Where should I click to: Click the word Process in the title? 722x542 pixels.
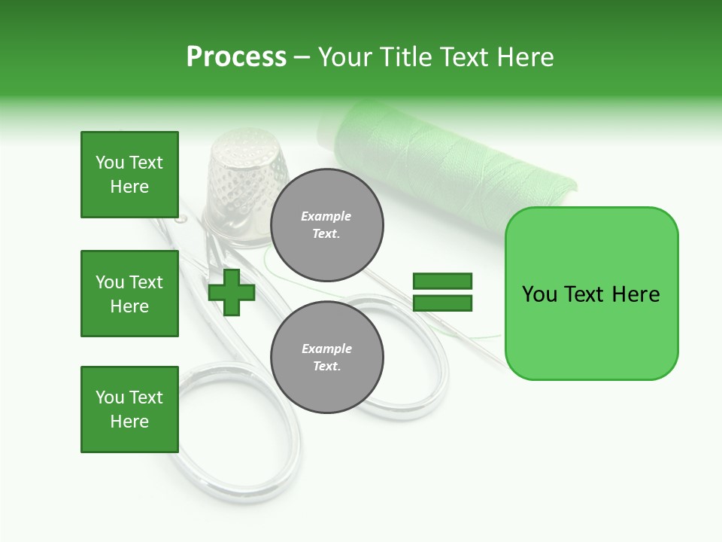[236, 57]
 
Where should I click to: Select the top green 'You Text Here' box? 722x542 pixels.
[129, 175]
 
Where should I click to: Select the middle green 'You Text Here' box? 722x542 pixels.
[129, 294]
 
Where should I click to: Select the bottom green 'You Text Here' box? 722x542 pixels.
[129, 410]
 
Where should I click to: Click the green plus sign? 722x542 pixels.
[232, 292]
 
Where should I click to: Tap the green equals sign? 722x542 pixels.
[442, 292]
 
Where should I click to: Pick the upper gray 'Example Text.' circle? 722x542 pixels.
[327, 225]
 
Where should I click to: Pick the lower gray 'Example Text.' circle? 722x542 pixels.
[327, 357]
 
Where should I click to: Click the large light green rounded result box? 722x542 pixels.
[591, 294]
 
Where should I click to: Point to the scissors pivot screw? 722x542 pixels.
[180, 219]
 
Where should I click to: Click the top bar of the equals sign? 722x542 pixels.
[442, 282]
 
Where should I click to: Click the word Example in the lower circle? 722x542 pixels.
[327, 349]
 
